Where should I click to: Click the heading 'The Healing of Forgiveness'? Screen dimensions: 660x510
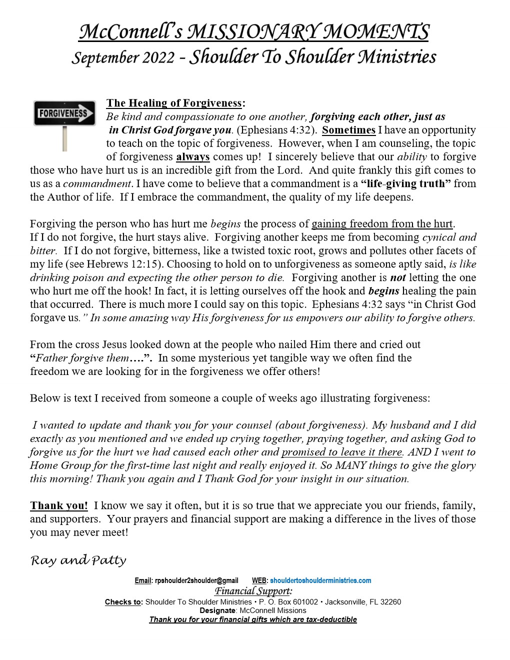click(174, 103)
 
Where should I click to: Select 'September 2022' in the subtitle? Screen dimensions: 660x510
click(123, 58)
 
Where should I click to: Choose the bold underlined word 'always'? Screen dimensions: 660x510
click(192, 157)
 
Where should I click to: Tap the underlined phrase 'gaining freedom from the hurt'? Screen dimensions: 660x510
click(382, 224)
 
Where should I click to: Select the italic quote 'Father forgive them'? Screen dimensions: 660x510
click(82, 358)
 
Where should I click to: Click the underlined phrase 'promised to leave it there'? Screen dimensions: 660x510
click(342, 452)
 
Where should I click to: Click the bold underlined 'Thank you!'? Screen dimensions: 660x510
click(59, 505)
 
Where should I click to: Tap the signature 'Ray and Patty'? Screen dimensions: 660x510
click(78, 560)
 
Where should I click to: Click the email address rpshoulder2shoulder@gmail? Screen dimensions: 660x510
click(196, 580)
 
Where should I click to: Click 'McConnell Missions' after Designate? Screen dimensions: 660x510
click(273, 610)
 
